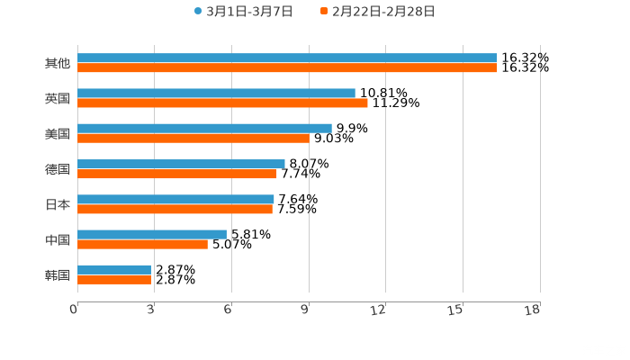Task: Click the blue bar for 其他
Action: [287, 58]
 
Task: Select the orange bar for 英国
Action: [222, 103]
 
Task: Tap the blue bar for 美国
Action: [204, 129]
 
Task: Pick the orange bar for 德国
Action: [177, 174]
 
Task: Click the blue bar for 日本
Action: [175, 199]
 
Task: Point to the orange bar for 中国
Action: [142, 244]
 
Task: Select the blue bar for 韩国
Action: [114, 269]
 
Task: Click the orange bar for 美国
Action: [193, 139]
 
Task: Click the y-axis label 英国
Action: [58, 98]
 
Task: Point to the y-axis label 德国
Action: [58, 169]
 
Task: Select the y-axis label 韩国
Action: [58, 274]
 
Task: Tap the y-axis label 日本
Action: [58, 204]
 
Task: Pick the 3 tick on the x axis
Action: [150, 310]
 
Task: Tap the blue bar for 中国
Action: [152, 234]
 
